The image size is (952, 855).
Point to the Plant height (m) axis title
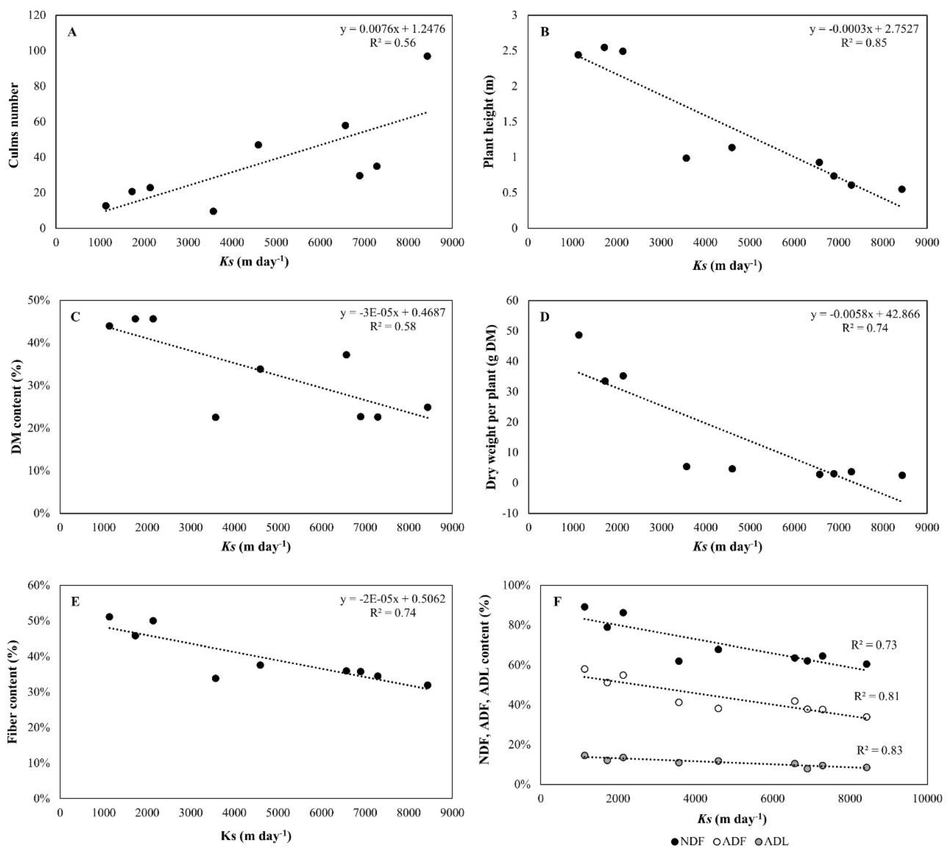point(489,121)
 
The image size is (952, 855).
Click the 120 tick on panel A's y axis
point(37,15)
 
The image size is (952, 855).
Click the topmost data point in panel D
point(578,335)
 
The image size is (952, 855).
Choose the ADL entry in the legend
point(771,841)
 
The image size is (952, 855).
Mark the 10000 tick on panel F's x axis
point(926,799)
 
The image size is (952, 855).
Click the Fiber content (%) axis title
point(13,691)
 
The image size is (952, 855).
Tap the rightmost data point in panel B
point(901,189)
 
